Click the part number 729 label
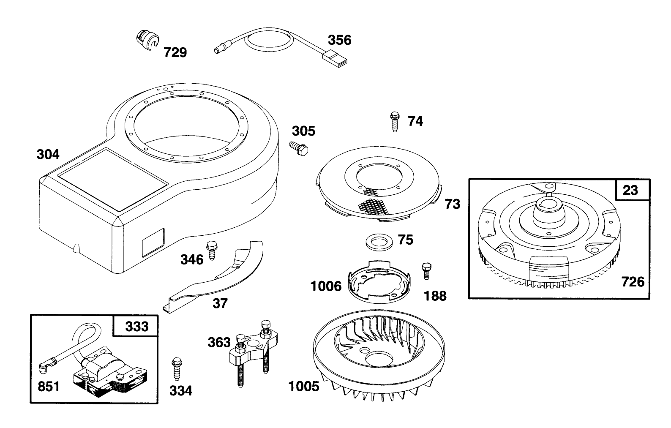[x=175, y=52]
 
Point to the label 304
[x=48, y=155]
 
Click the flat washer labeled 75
[x=379, y=241]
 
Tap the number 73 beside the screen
[x=452, y=204]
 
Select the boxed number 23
[x=630, y=190]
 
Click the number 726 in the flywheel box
[x=633, y=282]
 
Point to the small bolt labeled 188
[x=427, y=271]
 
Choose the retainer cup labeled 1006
[x=379, y=281]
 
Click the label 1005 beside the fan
[x=304, y=386]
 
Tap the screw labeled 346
[x=212, y=250]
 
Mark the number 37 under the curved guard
[x=220, y=303]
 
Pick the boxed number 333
[x=137, y=327]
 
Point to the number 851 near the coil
[x=49, y=387]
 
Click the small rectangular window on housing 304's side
[x=153, y=243]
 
